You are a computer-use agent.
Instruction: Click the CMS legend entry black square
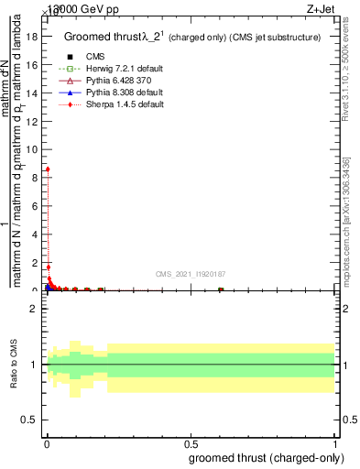(x=71, y=57)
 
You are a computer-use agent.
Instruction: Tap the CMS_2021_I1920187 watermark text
(x=191, y=274)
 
